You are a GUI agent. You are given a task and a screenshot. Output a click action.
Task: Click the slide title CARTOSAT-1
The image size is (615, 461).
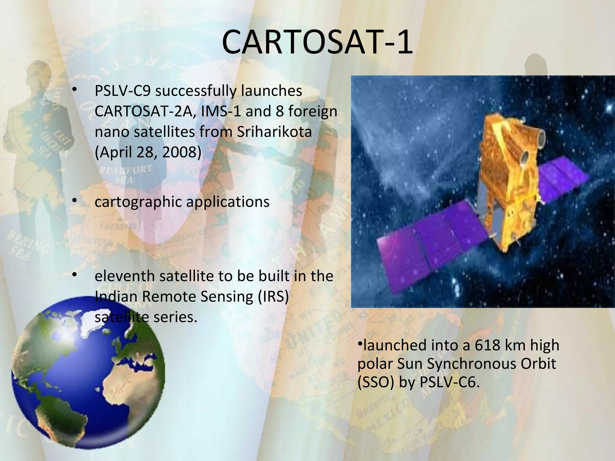(317, 43)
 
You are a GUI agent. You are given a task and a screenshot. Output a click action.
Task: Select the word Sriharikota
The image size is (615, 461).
(274, 132)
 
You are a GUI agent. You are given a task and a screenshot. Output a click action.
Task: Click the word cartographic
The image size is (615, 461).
(138, 202)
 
